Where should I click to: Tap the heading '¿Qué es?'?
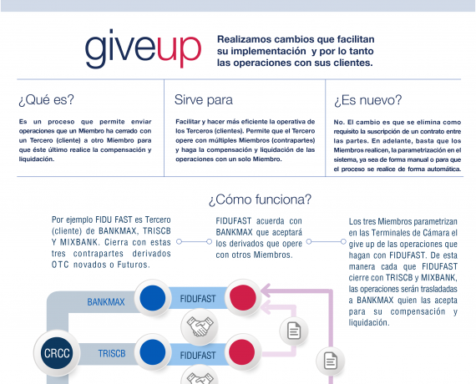pyautogui.click(x=47, y=99)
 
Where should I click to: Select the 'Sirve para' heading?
pyautogui.click(x=204, y=100)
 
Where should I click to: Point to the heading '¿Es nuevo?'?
pyautogui.click(x=367, y=100)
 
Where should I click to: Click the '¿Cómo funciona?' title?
pyautogui.click(x=261, y=200)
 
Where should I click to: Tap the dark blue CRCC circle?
pyautogui.click(x=57, y=353)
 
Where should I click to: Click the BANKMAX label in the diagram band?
pyautogui.click(x=106, y=302)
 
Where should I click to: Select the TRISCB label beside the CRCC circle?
pyautogui.click(x=112, y=354)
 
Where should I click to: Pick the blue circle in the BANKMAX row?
pyautogui.click(x=153, y=298)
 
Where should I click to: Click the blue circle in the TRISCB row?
pyautogui.click(x=153, y=352)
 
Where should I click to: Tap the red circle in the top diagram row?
pyautogui.click(x=243, y=297)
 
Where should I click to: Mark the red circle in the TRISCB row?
pyautogui.click(x=242, y=352)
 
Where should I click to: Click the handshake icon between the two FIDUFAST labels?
pyautogui.click(x=200, y=326)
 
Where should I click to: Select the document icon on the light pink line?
pyautogui.click(x=294, y=331)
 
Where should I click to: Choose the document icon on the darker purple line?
pyautogui.click(x=331, y=361)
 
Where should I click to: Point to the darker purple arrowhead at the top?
pyautogui.click(x=266, y=291)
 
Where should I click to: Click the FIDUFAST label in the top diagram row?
pyautogui.click(x=198, y=299)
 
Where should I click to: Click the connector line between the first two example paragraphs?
pyautogui.click(x=194, y=241)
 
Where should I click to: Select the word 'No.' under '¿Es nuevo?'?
pyautogui.click(x=339, y=122)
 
